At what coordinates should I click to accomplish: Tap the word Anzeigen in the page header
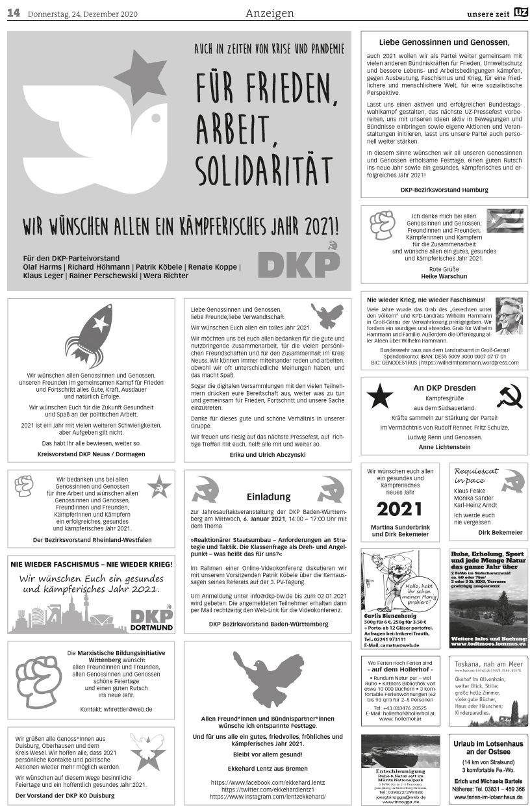270,14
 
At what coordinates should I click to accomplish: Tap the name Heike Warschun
440,276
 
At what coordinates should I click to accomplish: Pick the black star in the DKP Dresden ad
380,396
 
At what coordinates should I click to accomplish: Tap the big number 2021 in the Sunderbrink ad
399,509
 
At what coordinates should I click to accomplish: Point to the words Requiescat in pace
476,475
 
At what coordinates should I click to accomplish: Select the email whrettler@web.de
128,708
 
